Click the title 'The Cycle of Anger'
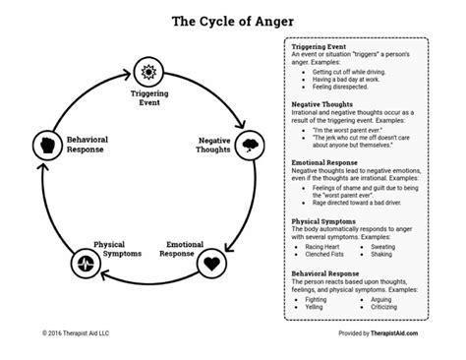(232, 19)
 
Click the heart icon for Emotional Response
(212, 263)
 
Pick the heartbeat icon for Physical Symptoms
(86, 263)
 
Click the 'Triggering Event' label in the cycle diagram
(149, 100)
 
